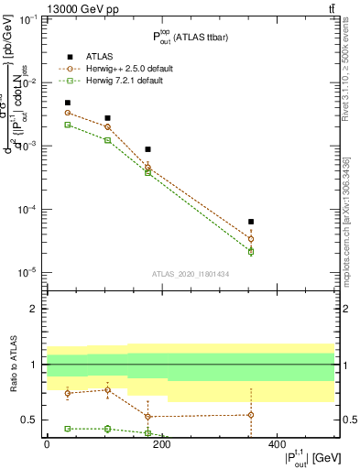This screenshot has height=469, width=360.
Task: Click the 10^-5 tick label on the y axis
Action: coord(27,272)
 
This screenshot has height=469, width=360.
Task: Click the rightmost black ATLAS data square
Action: coord(251,222)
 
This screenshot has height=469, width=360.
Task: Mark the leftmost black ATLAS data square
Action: coord(68,104)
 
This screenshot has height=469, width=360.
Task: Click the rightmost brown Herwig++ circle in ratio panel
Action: coord(251,415)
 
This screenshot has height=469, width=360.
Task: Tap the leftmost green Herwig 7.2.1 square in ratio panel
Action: coord(68,429)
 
